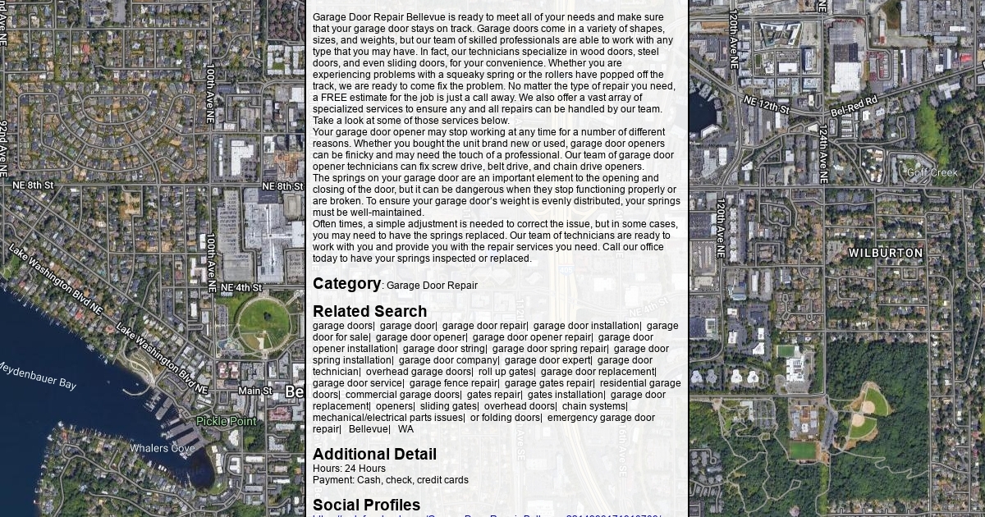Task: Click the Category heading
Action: [346, 284]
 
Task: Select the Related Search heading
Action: [369, 312]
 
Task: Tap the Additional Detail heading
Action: [374, 455]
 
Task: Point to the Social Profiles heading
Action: [366, 506]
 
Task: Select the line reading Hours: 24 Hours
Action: [349, 469]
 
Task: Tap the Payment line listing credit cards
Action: [390, 480]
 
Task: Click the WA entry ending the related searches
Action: [405, 429]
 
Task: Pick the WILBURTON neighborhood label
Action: [886, 254]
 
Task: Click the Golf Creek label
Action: [932, 172]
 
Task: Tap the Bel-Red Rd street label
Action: [854, 106]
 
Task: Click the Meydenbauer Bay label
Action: [37, 376]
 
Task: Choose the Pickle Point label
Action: [226, 422]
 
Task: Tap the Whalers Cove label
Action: [162, 448]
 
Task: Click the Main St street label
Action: [255, 391]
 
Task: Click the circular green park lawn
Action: [263, 321]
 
